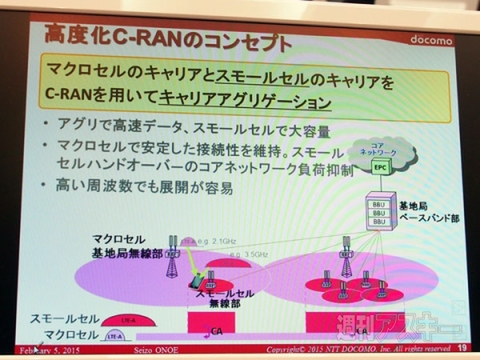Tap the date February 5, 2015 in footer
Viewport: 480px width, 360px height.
coord(48,351)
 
